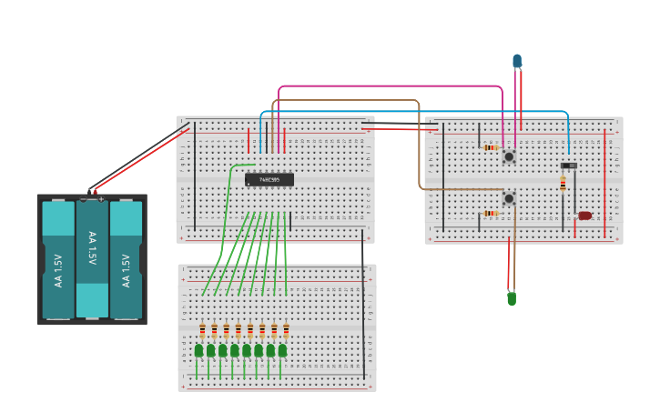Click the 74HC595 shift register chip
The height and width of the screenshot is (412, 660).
click(269, 179)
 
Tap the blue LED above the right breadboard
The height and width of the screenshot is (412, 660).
click(517, 61)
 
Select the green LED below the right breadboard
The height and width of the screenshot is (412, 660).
click(512, 297)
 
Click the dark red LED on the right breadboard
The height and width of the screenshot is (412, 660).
click(584, 216)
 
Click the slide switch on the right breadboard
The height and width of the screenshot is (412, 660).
click(568, 166)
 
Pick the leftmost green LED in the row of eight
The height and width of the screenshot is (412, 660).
click(199, 350)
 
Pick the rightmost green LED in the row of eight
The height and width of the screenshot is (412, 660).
click(282, 350)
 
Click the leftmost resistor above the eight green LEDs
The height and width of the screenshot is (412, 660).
click(202, 330)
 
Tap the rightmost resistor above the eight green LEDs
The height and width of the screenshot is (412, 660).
click(286, 330)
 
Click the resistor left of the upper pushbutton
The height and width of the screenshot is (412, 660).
click(490, 147)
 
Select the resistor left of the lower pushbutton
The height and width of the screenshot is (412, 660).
click(490, 214)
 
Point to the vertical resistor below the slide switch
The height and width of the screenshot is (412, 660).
click(563, 184)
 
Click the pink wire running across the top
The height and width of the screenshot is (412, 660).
click(391, 86)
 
